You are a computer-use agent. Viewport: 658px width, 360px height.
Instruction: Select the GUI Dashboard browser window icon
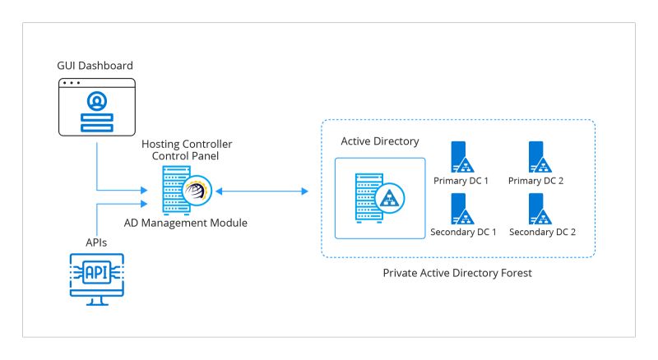pos(97,107)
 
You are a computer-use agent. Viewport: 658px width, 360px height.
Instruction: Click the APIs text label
pos(97,242)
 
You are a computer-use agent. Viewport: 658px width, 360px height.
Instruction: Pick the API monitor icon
pos(97,278)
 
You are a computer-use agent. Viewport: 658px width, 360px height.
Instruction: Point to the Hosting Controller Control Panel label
pos(187,150)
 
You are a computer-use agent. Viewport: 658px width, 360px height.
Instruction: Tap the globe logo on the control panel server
pos(197,191)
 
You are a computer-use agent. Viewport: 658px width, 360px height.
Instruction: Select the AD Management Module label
pos(186,222)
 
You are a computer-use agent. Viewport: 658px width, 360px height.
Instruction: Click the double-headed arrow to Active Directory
pos(261,192)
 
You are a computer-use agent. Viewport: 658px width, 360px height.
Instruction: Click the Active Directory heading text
pos(380,141)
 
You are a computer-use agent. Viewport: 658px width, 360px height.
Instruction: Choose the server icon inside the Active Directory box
pos(368,197)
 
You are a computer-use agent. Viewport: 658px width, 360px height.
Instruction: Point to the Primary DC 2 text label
pos(542,180)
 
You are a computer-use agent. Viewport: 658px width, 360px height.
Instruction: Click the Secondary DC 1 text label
pos(463,232)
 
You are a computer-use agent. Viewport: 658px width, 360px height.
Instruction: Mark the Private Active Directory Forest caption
pos(458,272)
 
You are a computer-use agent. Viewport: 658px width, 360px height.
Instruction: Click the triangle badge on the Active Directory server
pos(388,198)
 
